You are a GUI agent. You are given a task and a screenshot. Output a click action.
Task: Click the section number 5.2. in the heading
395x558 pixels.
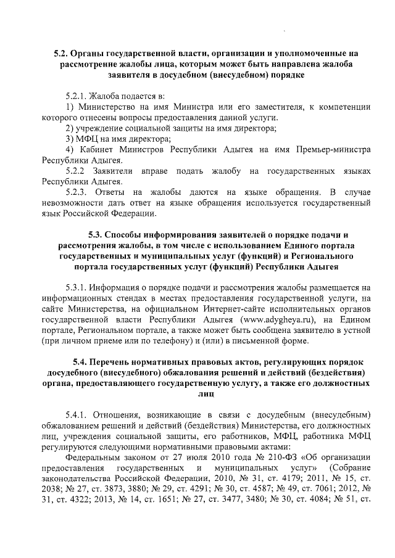point(62,54)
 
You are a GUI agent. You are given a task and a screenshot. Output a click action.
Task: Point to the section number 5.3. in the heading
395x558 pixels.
point(97,235)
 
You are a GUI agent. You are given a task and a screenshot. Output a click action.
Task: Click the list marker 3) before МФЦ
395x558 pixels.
point(70,139)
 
